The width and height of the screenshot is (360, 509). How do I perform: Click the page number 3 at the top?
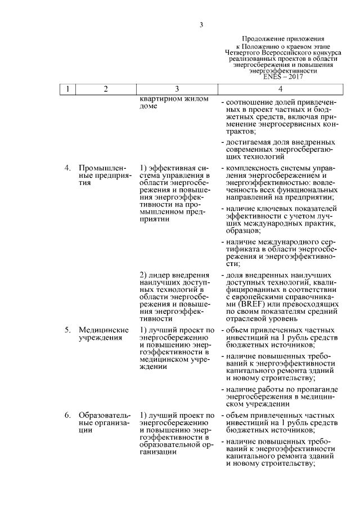(201, 24)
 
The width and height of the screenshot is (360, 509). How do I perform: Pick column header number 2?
(105, 89)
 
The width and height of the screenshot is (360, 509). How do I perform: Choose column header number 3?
(177, 89)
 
